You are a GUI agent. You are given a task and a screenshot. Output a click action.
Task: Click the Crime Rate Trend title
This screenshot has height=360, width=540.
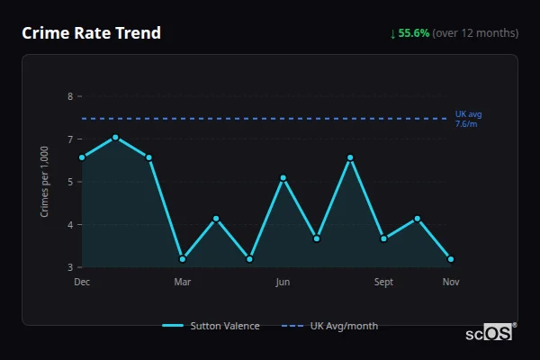coord(91,33)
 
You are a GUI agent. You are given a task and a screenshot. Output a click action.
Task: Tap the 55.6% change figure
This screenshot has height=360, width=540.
coord(416,33)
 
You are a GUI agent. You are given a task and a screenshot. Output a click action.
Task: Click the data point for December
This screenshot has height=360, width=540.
coord(82,157)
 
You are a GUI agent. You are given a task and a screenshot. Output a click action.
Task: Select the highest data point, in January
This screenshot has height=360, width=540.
coord(115,138)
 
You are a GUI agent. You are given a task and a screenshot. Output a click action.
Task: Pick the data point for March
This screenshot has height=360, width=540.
coord(183,259)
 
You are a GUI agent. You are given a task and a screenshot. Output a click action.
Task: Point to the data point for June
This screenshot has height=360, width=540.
coord(283,178)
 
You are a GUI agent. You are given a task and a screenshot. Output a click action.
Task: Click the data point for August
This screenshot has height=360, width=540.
coord(350,157)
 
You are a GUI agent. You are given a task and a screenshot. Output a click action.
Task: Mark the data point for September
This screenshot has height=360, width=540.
coord(383,238)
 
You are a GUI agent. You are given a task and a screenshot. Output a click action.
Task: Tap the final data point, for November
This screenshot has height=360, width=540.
coord(451,259)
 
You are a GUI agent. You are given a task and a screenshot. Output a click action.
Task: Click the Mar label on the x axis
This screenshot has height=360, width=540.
coord(183,282)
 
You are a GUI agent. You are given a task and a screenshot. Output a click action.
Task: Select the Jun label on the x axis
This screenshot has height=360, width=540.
coord(283,282)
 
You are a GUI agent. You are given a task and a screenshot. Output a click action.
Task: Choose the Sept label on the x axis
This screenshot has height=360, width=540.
coord(383,282)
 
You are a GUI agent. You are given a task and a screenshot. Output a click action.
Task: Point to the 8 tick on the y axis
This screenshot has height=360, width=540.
coord(69,96)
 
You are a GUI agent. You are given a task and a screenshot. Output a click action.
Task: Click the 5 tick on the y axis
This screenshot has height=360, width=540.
coord(69,182)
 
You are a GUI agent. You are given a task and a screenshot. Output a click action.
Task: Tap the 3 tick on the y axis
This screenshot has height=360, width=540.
coord(69,267)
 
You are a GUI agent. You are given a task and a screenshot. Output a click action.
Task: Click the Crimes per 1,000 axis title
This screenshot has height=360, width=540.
coord(45,182)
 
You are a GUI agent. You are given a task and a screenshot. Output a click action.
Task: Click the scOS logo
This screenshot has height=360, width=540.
coord(489,333)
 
